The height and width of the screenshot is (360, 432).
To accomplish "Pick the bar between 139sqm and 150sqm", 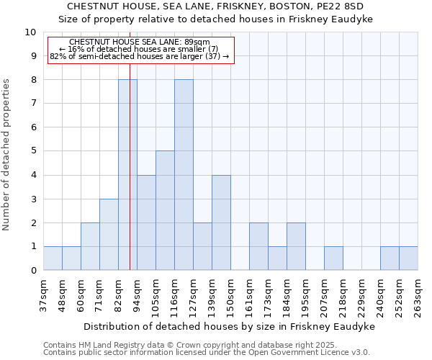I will [x=221, y=222].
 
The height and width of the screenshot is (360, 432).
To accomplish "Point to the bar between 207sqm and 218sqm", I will [x=333, y=258].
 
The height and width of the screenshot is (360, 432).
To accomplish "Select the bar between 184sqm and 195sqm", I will [x=296, y=246].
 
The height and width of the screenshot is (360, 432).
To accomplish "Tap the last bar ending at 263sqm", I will [x=408, y=258].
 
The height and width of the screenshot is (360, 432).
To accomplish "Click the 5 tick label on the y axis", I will [x=33, y=151].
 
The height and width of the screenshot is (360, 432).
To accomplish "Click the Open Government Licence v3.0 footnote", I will [x=207, y=352].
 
